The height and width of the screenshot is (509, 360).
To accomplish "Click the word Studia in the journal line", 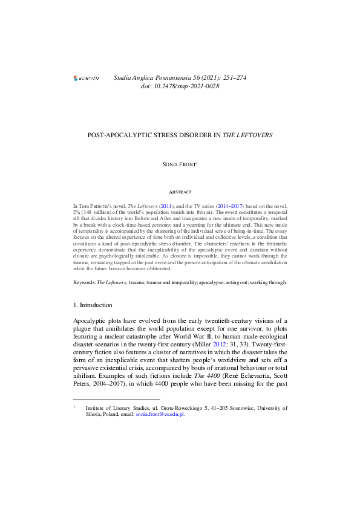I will [x=124, y=77].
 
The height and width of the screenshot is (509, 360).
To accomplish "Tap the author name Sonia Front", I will [x=179, y=164].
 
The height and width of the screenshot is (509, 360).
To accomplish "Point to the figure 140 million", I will [x=98, y=214].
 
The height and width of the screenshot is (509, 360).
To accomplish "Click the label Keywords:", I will [x=85, y=282].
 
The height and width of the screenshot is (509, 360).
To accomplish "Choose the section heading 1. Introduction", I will [x=92, y=305].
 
